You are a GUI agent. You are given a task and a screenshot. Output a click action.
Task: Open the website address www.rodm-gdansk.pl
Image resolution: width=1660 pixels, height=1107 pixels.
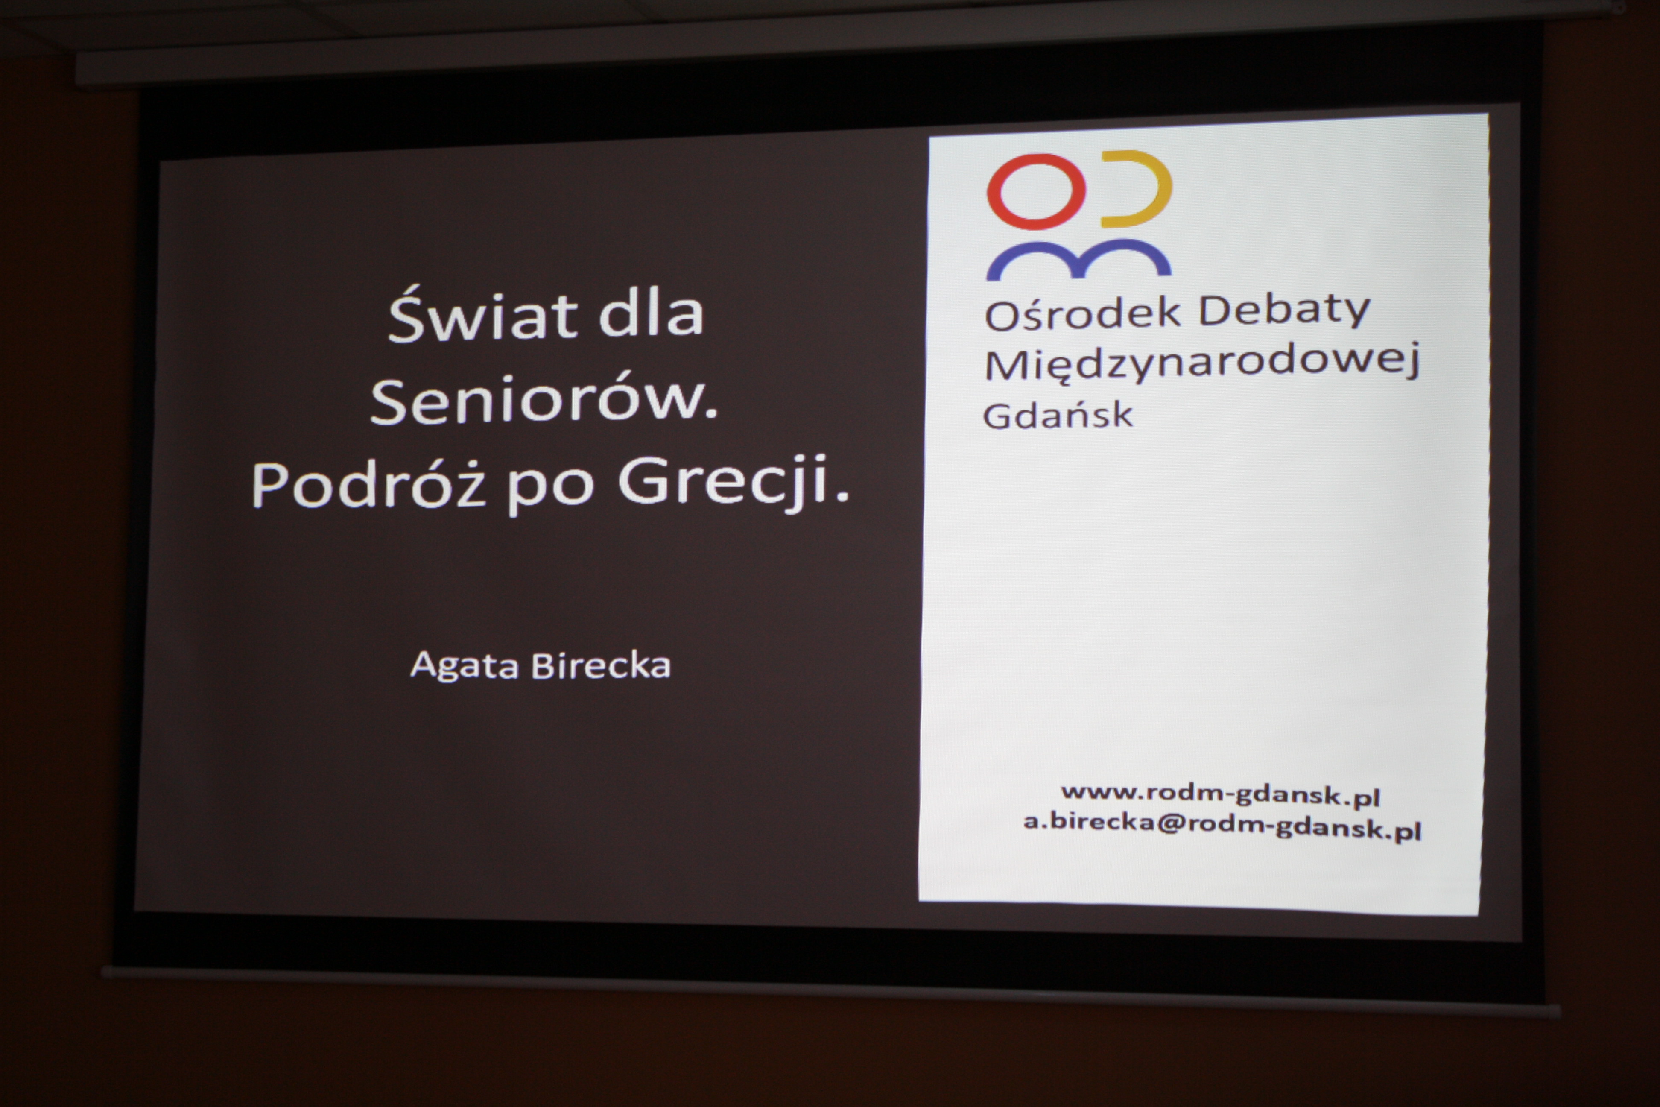tap(1220, 794)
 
